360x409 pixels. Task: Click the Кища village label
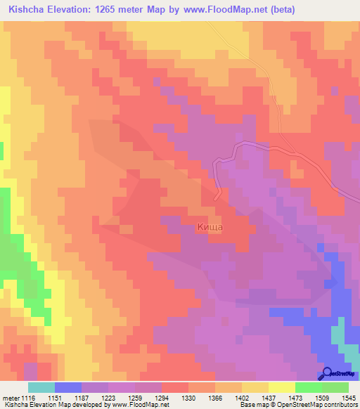pyautogui.click(x=210, y=227)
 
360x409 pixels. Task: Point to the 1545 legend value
pyautogui.click(x=348, y=398)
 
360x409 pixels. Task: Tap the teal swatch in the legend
pyautogui.click(x=41, y=387)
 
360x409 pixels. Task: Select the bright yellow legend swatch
pyautogui.click(x=282, y=387)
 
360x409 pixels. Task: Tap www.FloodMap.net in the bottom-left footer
pyautogui.click(x=134, y=405)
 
